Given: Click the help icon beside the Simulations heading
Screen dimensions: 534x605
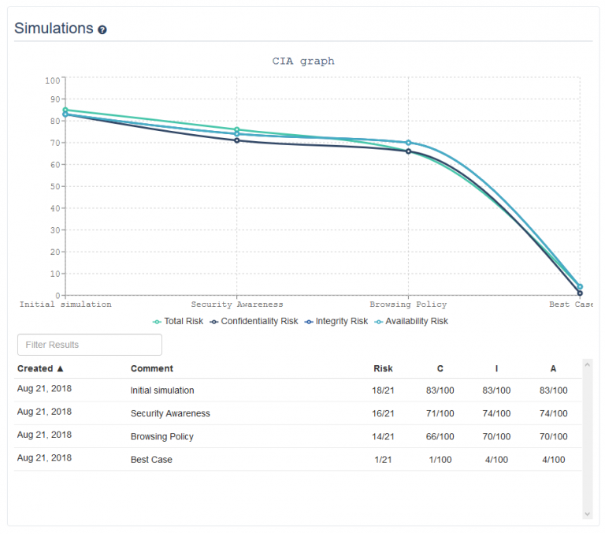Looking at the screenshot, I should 102,30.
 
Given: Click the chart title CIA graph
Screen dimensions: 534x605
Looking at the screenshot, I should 303,61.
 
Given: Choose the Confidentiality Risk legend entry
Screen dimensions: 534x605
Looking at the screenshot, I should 254,321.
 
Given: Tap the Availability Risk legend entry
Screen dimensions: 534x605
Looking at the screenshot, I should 412,321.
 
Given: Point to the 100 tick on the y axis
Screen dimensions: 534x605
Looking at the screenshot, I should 53,80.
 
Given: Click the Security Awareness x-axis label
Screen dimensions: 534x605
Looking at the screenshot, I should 237,304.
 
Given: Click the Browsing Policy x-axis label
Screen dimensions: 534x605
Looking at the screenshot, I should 408,304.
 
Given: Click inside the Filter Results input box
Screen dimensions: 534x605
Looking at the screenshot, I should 89,345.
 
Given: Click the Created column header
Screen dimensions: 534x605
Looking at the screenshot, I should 40,368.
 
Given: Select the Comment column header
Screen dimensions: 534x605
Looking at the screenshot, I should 152,368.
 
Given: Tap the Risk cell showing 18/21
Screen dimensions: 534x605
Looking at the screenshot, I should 383,390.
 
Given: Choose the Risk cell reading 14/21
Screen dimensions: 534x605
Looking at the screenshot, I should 383,436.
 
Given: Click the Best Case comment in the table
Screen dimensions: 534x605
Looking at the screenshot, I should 151,459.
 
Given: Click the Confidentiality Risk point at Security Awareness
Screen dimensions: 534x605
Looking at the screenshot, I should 237,140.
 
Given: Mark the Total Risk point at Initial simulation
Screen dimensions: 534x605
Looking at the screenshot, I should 65,110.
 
